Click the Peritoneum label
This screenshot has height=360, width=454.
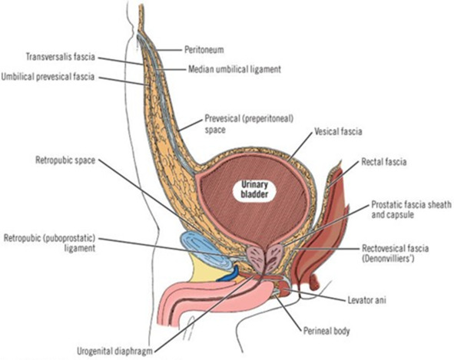point(204,50)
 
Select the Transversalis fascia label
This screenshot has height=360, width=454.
point(61,57)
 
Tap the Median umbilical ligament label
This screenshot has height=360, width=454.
point(234,69)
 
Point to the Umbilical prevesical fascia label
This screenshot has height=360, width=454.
point(48,77)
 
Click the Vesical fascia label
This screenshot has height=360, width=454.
point(338,132)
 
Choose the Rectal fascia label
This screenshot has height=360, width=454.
point(383,162)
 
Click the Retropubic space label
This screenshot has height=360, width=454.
point(65,160)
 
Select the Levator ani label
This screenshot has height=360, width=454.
point(367,300)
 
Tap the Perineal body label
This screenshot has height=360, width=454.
point(326,331)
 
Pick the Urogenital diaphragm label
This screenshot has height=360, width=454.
point(114,352)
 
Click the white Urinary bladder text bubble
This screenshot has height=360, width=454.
point(254,190)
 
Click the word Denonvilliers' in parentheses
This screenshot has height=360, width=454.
point(388,259)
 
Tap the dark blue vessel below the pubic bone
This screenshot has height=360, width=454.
point(229,275)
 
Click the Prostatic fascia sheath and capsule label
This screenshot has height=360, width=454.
point(411,210)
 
